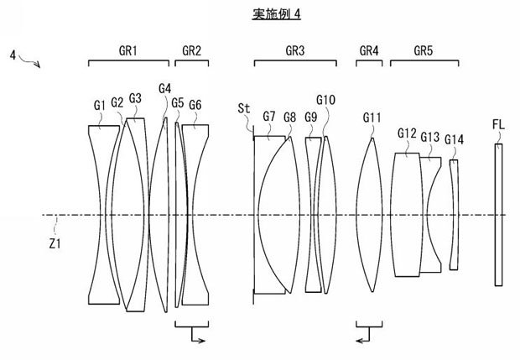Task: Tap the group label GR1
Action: pyautogui.click(x=129, y=50)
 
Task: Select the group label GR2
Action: pyautogui.click(x=191, y=50)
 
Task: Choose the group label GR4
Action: pyautogui.click(x=369, y=50)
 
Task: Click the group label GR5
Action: pyautogui.click(x=424, y=50)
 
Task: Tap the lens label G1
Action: pyautogui.click(x=100, y=105)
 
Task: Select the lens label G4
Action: pyautogui.click(x=164, y=88)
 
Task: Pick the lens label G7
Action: pyautogui.click(x=269, y=116)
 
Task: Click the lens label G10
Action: pyautogui.click(x=326, y=100)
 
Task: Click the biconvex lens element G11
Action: pyautogui.click(x=371, y=216)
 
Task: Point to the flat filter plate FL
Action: pyautogui.click(x=500, y=216)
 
